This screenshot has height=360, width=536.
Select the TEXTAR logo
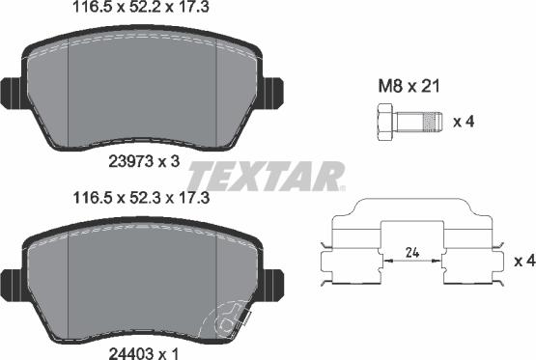click(x=265, y=178)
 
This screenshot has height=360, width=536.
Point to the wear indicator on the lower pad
click(x=228, y=318)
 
